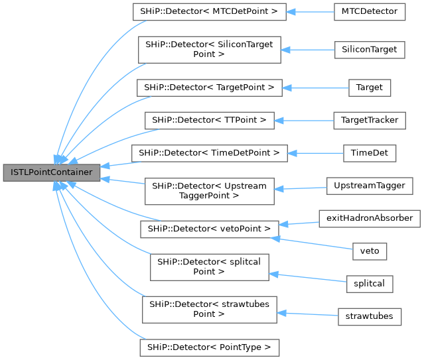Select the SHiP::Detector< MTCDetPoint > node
(x=209, y=12)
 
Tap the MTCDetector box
(x=370, y=11)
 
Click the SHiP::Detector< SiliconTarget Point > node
(x=209, y=50)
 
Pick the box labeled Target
(x=370, y=87)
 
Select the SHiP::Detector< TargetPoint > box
(x=209, y=88)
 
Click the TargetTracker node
(x=370, y=120)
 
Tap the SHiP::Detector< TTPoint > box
(x=209, y=120)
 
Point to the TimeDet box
(x=370, y=152)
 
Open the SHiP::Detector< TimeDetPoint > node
(x=209, y=152)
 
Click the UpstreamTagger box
(x=370, y=186)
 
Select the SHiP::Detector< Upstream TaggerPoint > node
(x=209, y=191)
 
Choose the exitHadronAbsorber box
(x=370, y=217)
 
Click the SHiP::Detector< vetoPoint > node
(x=209, y=229)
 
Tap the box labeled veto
(x=370, y=251)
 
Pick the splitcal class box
(x=370, y=283)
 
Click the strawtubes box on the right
(x=370, y=316)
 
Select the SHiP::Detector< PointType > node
(x=209, y=347)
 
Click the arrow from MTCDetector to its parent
(x=311, y=12)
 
